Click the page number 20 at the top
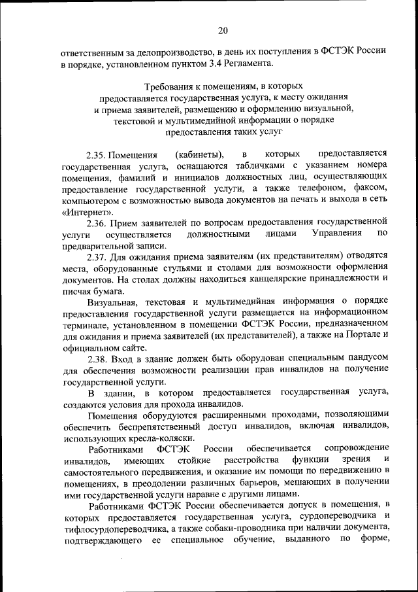click(223, 29)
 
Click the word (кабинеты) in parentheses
click(199, 155)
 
